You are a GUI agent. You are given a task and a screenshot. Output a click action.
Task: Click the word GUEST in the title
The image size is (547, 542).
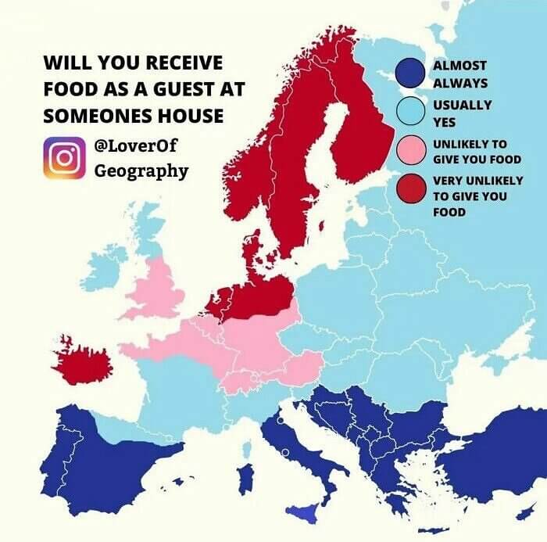click(176, 90)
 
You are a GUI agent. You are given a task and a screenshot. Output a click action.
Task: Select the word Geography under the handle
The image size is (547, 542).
click(141, 170)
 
